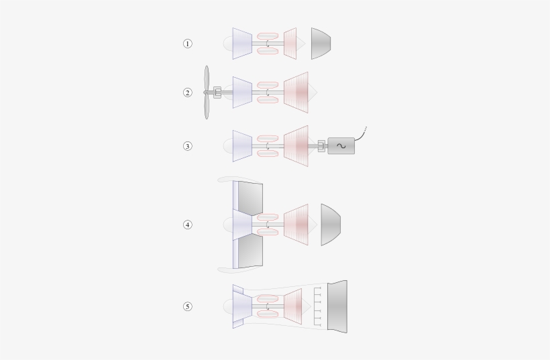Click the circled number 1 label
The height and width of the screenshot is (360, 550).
tap(188, 44)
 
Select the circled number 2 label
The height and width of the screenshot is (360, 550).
tap(188, 93)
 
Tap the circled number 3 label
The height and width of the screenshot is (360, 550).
tap(188, 145)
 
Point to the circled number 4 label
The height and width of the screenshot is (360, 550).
tap(188, 225)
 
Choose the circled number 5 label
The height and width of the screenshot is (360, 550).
tap(188, 306)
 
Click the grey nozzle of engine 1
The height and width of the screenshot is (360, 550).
tap(320, 44)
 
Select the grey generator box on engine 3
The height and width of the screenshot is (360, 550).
tap(341, 145)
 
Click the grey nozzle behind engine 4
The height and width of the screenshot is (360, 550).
tap(330, 225)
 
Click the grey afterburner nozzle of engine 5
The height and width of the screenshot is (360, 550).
tap(337, 306)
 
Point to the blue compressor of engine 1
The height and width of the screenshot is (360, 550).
tap(242, 44)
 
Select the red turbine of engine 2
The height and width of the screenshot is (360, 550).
tap(296, 93)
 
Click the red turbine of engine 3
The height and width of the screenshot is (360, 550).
tap(296, 145)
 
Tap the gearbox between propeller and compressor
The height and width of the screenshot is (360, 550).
tap(217, 93)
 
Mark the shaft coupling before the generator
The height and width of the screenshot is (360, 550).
tap(321, 145)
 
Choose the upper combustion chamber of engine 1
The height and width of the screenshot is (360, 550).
tap(268, 35)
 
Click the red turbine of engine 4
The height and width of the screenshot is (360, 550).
tap(296, 225)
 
